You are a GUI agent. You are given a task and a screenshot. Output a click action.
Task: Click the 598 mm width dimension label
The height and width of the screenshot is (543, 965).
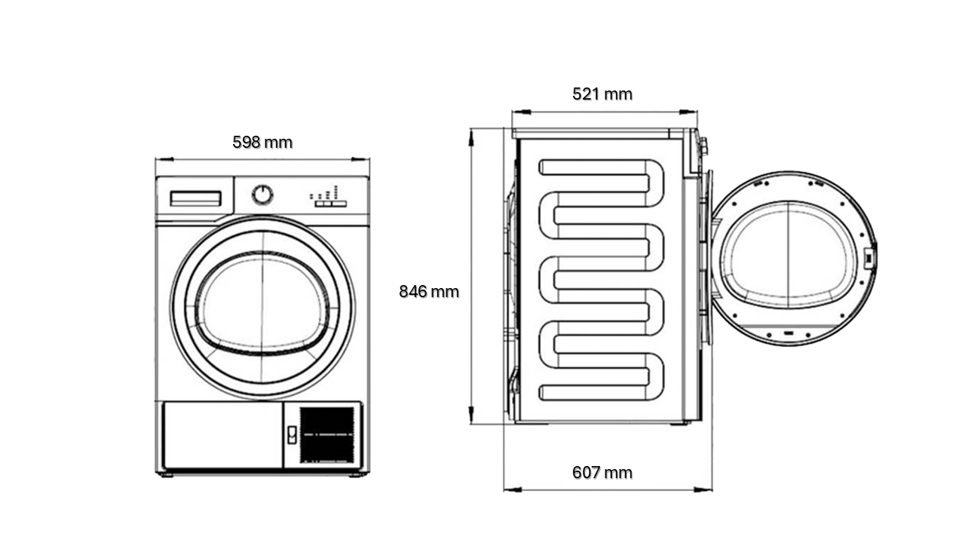[x=262, y=143]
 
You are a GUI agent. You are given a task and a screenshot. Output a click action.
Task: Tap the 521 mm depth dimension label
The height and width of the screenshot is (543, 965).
[x=602, y=94]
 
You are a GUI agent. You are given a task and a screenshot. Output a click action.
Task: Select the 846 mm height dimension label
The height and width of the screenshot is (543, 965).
[x=429, y=292]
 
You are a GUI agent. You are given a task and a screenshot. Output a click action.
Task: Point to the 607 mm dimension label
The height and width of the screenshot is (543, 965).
[x=602, y=473]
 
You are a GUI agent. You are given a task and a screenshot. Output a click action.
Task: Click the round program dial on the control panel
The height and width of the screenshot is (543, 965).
[x=262, y=195]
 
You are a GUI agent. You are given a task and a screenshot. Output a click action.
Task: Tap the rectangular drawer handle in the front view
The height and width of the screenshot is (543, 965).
[x=195, y=198]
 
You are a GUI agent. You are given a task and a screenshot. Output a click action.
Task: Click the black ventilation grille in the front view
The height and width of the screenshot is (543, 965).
[x=327, y=435]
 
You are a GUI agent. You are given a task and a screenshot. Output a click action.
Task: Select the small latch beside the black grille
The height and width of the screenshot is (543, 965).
[x=292, y=435]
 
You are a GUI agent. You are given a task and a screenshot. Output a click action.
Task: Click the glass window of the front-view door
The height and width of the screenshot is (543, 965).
[x=262, y=304]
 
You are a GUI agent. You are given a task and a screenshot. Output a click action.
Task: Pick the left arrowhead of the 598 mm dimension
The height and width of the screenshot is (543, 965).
[x=164, y=159]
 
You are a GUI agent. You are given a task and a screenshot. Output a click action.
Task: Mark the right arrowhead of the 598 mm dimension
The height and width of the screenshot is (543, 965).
[x=360, y=159]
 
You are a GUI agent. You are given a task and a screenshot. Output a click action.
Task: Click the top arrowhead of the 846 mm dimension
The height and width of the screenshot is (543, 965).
[x=472, y=137]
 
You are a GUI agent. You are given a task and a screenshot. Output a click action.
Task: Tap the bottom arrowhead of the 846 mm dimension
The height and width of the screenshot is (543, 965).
[x=472, y=415]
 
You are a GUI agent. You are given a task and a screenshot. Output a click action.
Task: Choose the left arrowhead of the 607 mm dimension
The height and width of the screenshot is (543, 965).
[x=513, y=489]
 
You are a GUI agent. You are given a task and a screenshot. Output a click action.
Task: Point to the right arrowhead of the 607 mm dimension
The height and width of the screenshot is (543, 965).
[x=703, y=489]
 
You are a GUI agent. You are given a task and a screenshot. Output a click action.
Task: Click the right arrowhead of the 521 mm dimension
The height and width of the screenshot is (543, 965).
[x=688, y=112]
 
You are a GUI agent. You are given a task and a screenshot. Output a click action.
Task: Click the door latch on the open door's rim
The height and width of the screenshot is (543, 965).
[x=868, y=259]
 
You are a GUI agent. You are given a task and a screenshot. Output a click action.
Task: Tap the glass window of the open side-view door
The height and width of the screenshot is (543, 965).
[x=789, y=255]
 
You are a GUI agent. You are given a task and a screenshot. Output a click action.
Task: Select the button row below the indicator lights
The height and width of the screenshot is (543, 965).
[x=330, y=204]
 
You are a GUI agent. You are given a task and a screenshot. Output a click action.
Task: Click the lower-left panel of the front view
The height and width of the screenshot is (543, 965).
[x=223, y=435]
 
